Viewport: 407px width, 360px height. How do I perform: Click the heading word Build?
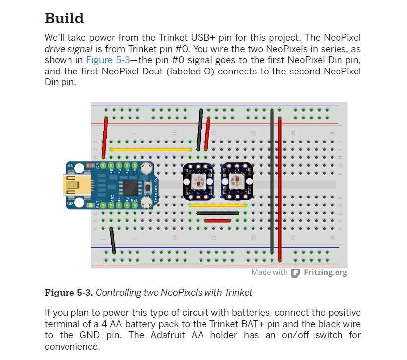click(64, 18)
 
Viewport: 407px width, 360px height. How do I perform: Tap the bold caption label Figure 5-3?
click(68, 292)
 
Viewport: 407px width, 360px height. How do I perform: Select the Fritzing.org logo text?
click(325, 272)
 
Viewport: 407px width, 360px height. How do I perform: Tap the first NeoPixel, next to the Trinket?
click(199, 181)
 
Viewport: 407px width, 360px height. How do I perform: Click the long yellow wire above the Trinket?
click(150, 149)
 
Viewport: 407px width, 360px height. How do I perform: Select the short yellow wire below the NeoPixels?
click(218, 204)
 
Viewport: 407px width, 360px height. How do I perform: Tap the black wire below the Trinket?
click(113, 240)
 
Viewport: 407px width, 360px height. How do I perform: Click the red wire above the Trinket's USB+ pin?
click(105, 137)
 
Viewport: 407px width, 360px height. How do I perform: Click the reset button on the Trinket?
click(148, 187)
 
